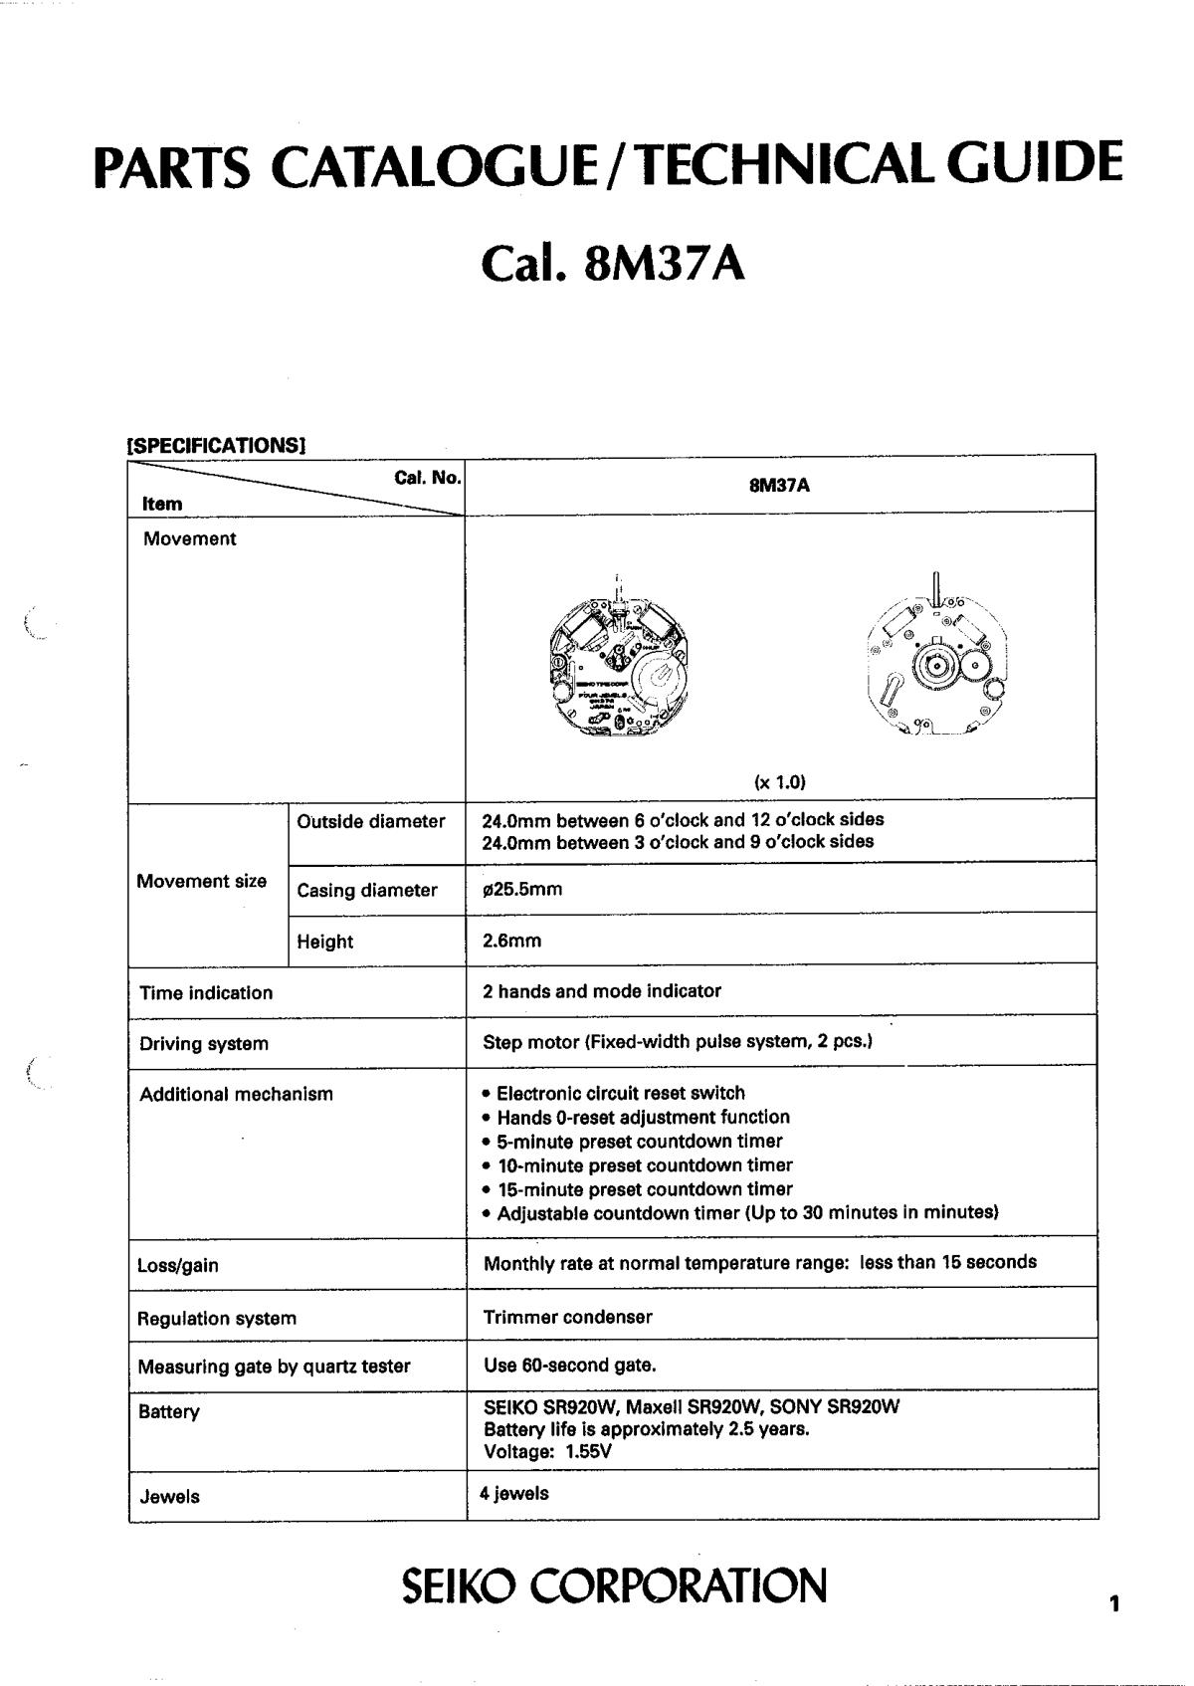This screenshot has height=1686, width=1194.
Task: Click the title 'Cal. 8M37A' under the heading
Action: [612, 264]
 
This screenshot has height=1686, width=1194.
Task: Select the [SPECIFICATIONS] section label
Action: [215, 445]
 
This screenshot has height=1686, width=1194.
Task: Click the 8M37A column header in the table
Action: [779, 486]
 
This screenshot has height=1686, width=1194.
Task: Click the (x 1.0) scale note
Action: [779, 782]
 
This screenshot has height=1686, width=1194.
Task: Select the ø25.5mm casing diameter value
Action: [522, 889]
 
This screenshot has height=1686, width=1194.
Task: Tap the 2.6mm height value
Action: [511, 941]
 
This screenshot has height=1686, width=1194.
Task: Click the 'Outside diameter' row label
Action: [370, 822]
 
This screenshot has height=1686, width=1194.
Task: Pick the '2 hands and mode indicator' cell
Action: [602, 991]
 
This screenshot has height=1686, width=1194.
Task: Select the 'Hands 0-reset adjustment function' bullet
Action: [643, 1118]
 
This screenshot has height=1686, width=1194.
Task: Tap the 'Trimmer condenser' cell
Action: [567, 1317]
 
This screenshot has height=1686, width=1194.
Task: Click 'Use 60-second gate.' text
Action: [569, 1365]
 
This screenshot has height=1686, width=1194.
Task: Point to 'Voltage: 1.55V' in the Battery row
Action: [547, 1451]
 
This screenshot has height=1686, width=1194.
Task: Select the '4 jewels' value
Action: [514, 1493]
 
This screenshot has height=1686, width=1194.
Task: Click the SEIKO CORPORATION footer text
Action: [614, 1586]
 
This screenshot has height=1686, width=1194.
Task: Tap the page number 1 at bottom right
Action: [1114, 1603]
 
